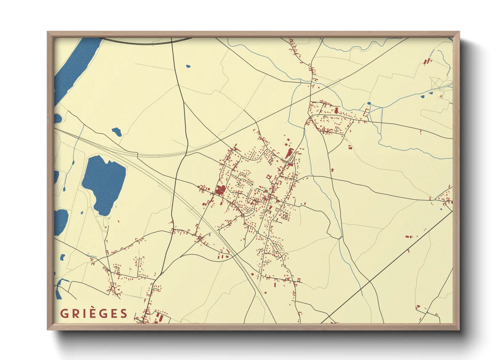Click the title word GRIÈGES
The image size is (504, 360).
tap(94, 313)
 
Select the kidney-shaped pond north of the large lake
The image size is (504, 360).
tap(117, 131)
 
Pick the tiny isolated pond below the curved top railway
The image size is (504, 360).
tap(188, 66)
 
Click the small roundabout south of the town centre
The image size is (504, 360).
tap(258, 232)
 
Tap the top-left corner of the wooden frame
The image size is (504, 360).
tap(48, 33)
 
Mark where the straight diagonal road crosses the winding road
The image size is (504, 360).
tap(369, 281)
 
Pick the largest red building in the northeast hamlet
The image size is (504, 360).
tap(336, 110)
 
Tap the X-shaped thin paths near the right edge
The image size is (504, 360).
tap(436, 83)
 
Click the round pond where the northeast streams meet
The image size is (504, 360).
tap(369, 103)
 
